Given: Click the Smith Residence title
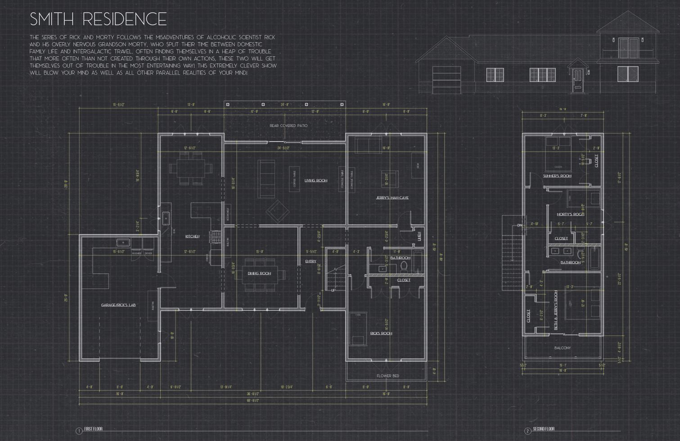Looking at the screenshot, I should click(x=98, y=19).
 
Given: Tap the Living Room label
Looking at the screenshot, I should click(x=315, y=181).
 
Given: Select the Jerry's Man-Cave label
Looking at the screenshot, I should click(x=392, y=198).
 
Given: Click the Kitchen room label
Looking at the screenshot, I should click(x=192, y=236).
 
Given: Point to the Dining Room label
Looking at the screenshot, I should click(x=259, y=273).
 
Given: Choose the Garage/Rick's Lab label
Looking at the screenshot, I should click(x=118, y=305).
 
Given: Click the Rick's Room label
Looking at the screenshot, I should click(x=381, y=333).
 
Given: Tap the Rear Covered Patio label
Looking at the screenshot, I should click(x=288, y=126).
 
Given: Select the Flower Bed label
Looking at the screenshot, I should click(x=387, y=376).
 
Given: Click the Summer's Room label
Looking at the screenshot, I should click(x=557, y=176).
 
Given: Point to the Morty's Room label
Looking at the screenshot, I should click(x=570, y=214).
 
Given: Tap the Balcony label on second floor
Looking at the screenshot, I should click(x=562, y=348).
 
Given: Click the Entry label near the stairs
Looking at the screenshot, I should click(x=311, y=261).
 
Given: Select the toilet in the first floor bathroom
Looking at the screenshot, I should click(x=403, y=267).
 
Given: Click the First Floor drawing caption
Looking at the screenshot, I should click(x=94, y=429).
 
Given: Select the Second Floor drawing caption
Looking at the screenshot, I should click(x=543, y=429).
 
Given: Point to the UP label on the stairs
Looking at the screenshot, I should click(x=333, y=290).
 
